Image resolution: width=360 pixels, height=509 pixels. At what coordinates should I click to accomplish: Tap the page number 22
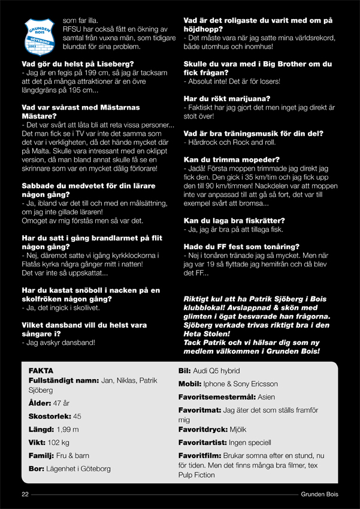(25, 494)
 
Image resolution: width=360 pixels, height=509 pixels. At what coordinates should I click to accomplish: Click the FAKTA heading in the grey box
(41, 371)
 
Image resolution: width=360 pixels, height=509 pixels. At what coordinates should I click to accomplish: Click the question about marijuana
(226, 98)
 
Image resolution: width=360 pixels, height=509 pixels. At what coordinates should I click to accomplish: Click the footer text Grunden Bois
(320, 494)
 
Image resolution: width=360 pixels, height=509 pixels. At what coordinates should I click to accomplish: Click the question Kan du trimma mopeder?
(231, 160)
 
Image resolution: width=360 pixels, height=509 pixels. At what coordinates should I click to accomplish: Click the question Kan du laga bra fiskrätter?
(234, 220)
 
